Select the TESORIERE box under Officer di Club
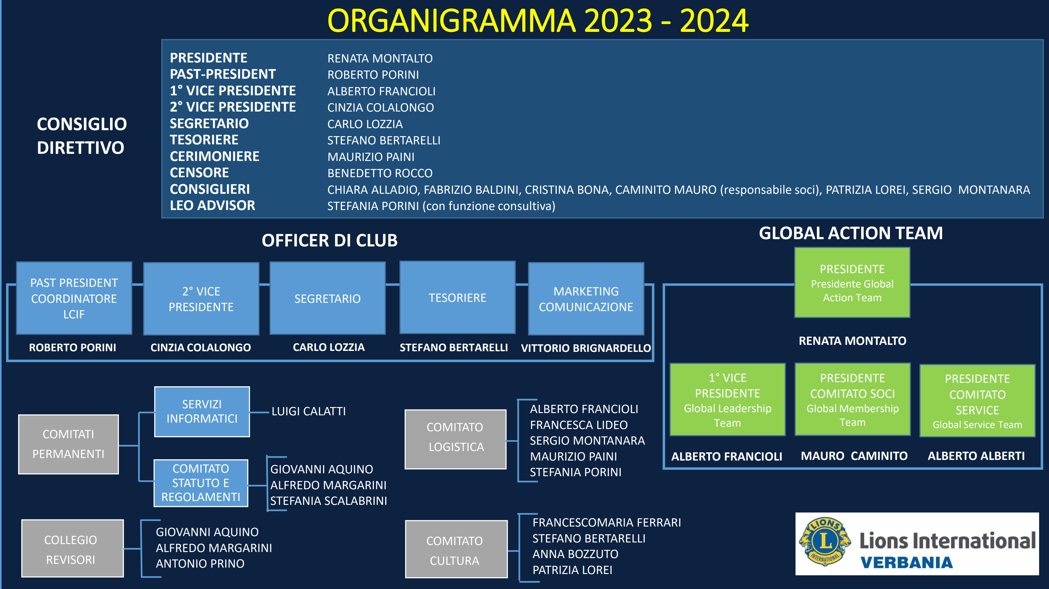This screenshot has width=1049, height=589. tap(457, 298)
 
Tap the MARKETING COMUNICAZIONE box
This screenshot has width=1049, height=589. tap(586, 299)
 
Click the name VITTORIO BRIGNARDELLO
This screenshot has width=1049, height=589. tap(586, 348)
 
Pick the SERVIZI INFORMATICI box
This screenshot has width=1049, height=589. tap(202, 411)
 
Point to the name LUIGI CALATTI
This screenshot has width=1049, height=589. tap(309, 411)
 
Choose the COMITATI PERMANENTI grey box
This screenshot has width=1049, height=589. tap(69, 444)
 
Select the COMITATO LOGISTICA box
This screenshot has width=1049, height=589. tap(455, 439)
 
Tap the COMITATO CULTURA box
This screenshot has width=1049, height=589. tap(456, 549)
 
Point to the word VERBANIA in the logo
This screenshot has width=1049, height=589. tap(906, 563)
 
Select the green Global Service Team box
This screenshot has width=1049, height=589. tap(977, 401)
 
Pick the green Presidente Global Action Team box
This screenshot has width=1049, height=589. tap(852, 282)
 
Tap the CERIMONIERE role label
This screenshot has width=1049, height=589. tap(215, 156)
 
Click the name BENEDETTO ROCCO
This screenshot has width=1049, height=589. tap(380, 173)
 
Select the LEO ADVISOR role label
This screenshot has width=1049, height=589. tap(213, 205)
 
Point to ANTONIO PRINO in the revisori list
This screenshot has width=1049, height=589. tap(200, 564)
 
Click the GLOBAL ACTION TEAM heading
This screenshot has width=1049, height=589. tap(851, 233)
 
